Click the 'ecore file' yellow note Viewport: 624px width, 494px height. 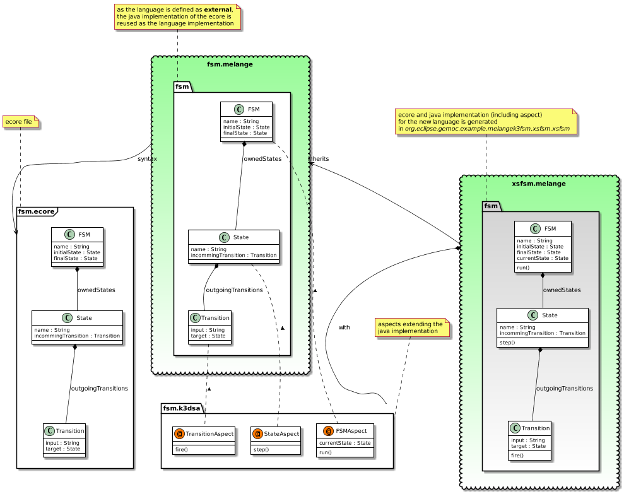(x=20, y=121)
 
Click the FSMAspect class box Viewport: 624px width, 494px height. (x=345, y=440)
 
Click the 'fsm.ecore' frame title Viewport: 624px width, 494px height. (x=37, y=212)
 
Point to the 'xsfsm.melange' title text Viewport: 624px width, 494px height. (x=538, y=184)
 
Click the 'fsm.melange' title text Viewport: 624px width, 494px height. (x=231, y=64)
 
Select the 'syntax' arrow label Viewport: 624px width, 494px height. (x=147, y=158)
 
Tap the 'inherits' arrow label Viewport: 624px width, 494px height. (x=318, y=158)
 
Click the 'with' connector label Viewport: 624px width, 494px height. (x=344, y=327)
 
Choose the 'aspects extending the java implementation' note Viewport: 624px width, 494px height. (x=411, y=327)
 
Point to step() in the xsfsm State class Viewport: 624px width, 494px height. (x=508, y=341)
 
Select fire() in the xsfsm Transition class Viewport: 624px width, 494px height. (x=518, y=455)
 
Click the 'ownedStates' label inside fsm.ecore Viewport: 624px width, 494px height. (x=97, y=290)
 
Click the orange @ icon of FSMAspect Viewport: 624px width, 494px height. (x=328, y=432)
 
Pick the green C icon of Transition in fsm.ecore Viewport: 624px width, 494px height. (x=50, y=431)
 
